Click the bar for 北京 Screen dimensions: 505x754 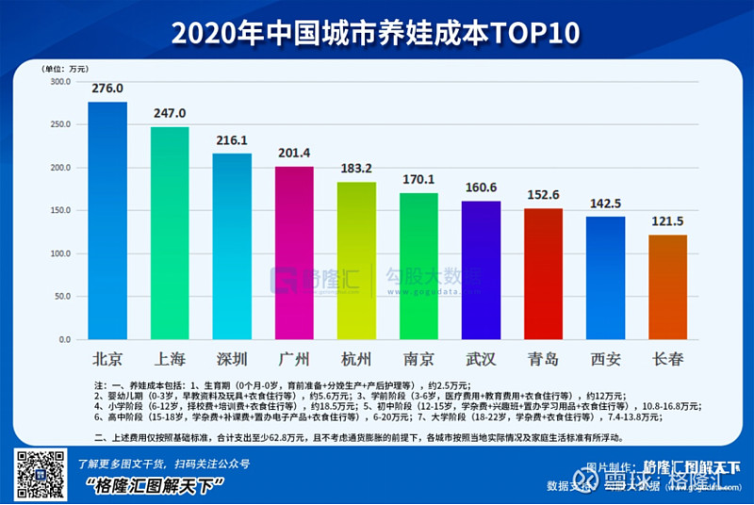click(x=107, y=220)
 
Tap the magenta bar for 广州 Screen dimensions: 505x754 click(x=294, y=252)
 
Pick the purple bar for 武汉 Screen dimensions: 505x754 click(x=481, y=269)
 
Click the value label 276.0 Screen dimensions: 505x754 click(x=107, y=89)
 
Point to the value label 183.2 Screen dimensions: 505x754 click(x=356, y=169)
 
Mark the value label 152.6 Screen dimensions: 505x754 click(x=543, y=195)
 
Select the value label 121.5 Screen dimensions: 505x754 click(x=667, y=221)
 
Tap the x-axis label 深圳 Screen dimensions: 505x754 click(x=232, y=359)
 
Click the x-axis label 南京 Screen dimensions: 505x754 click(x=418, y=359)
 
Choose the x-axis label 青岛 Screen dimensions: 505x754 click(x=543, y=359)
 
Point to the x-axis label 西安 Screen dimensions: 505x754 click(x=605, y=359)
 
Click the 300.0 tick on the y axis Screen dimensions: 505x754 click(x=60, y=82)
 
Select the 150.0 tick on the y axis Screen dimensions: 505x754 click(x=60, y=211)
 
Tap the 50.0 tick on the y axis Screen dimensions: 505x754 click(x=62, y=297)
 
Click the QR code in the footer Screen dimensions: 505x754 click(x=39, y=474)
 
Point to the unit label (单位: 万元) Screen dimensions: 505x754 click(x=65, y=69)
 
